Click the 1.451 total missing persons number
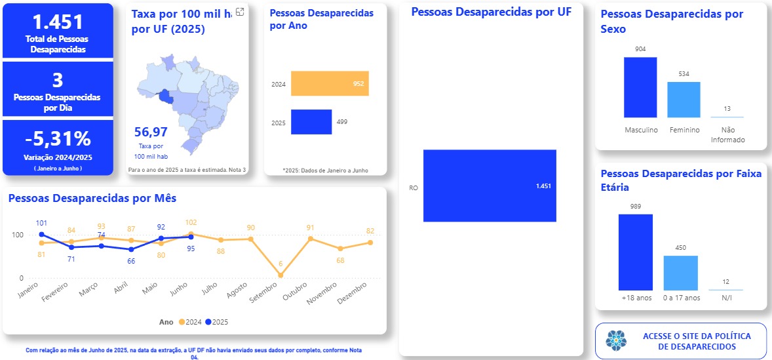[x=58, y=22]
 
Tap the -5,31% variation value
[x=58, y=139]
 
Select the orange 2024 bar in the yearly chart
[x=330, y=84]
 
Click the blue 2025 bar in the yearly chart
[x=311, y=122]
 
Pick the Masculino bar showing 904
[x=640, y=87]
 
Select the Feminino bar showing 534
[x=684, y=99]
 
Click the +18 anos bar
[x=635, y=252]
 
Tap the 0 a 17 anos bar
[x=680, y=272]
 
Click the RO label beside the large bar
[x=414, y=188]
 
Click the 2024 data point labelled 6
[x=280, y=275]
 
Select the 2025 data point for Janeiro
[x=41, y=234]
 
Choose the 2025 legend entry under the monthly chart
[x=216, y=322]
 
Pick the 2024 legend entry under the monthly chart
[x=189, y=322]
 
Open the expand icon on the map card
[x=240, y=12]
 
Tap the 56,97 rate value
[x=151, y=132]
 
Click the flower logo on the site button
[x=615, y=340]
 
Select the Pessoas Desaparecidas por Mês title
[x=92, y=197]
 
